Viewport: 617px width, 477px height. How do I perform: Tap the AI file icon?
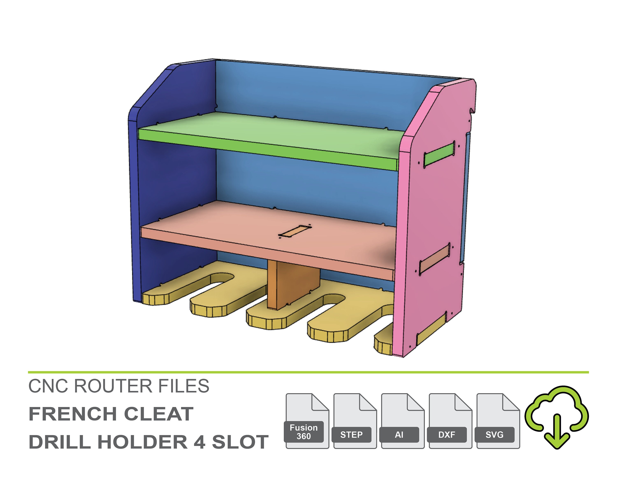coord(402,421)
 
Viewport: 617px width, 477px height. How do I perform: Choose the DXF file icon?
coord(450,421)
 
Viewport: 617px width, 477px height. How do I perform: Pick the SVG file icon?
coord(498,421)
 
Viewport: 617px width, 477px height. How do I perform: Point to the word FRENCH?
coord(73,414)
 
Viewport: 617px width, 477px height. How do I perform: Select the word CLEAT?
coord(159,414)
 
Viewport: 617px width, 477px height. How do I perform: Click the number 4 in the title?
coord(199,442)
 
